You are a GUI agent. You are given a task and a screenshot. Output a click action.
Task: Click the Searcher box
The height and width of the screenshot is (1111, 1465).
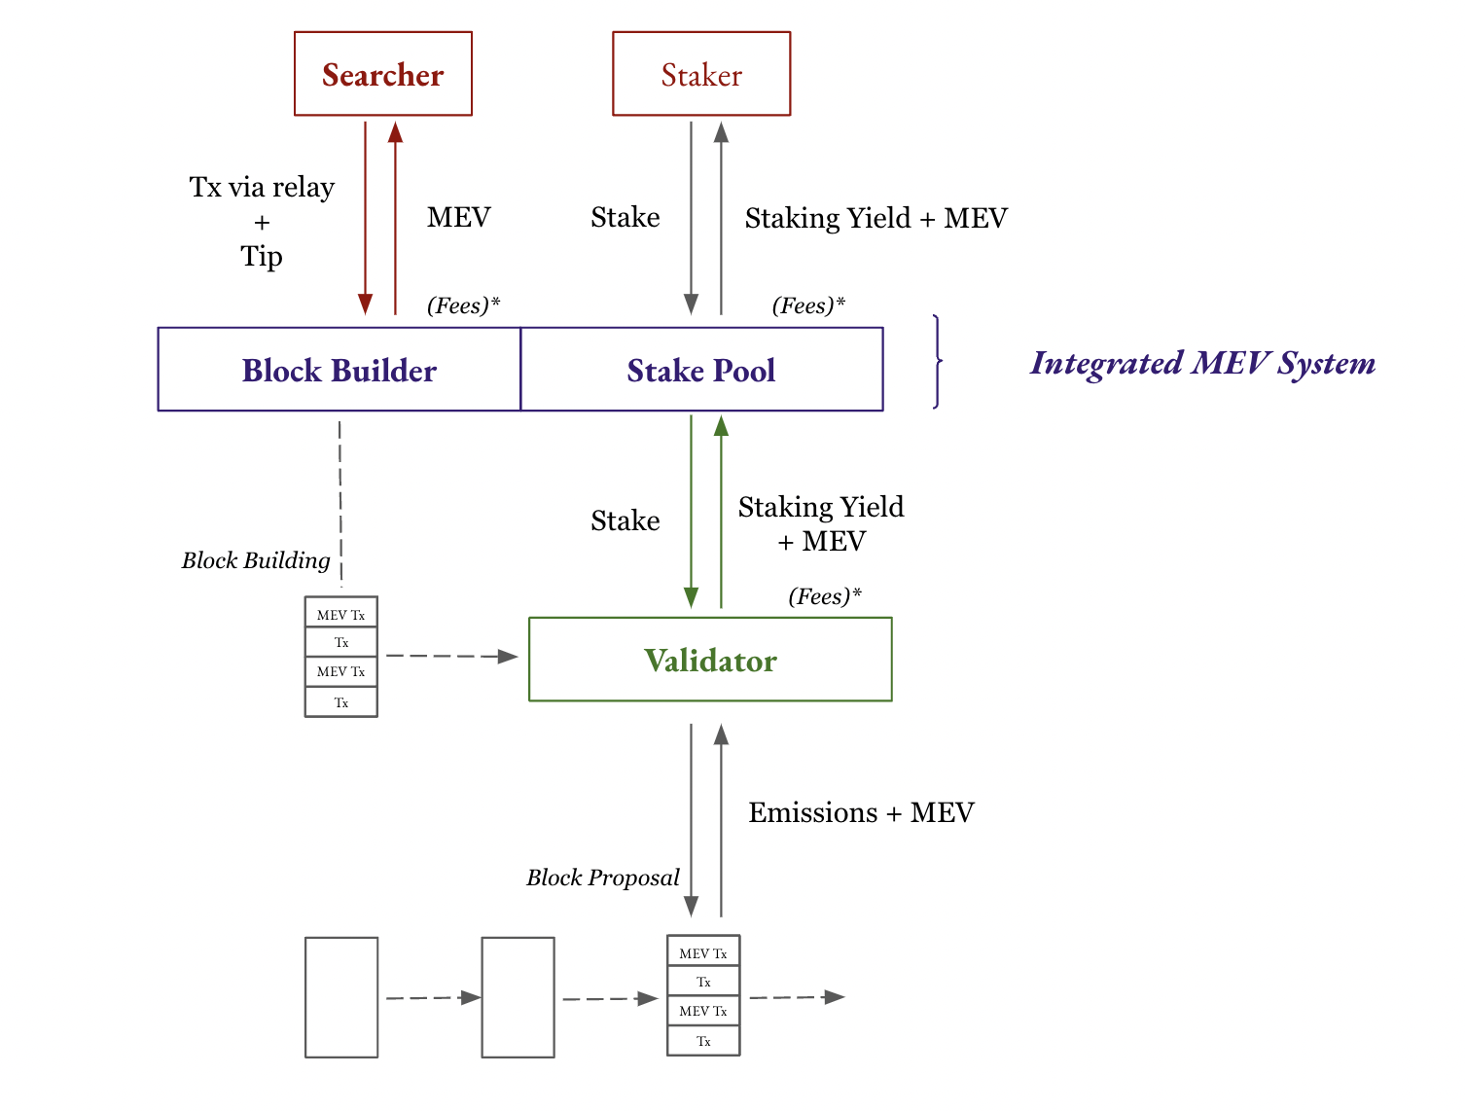[x=383, y=74]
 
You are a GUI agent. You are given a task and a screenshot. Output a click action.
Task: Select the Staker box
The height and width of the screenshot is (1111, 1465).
[x=701, y=74]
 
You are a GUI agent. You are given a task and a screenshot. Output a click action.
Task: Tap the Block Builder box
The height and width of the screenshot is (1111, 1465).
[x=339, y=370]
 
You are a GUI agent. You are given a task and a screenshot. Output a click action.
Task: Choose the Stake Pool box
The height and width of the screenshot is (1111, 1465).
[x=701, y=370]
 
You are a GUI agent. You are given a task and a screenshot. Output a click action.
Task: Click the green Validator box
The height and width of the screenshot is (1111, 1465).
[x=710, y=660]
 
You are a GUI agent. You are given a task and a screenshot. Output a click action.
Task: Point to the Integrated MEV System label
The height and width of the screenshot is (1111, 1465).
[x=1202, y=363]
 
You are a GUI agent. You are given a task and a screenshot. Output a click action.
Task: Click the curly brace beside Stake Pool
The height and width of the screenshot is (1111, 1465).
[x=937, y=362]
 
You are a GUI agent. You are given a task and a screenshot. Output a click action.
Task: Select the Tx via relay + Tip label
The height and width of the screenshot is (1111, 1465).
[x=262, y=221]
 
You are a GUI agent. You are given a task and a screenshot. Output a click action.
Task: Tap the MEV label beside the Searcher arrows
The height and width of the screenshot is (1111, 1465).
[x=458, y=217]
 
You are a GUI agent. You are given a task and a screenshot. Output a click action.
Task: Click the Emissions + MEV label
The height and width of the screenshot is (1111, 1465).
[x=861, y=812]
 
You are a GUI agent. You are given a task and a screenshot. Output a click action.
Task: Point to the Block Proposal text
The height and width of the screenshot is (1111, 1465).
[x=603, y=878]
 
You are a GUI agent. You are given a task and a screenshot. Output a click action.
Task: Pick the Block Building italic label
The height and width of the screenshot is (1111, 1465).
[x=256, y=560]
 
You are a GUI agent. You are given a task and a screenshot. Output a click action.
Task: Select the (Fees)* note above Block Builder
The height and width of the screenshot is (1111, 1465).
[x=463, y=305]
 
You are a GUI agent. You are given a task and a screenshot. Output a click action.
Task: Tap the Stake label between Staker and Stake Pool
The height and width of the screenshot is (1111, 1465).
[x=625, y=217]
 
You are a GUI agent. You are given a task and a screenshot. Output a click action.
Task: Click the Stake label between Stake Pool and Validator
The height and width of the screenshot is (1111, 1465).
[x=625, y=520]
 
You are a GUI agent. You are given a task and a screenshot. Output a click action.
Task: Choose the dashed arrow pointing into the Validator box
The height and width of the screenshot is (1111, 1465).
[x=451, y=657]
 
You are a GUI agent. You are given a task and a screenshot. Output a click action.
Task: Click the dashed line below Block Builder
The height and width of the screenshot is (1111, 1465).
[x=340, y=501]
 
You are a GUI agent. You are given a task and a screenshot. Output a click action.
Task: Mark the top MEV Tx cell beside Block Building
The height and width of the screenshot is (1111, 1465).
[x=340, y=614]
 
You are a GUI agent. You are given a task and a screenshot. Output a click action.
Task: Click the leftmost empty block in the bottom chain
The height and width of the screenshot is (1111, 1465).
[x=341, y=997]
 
